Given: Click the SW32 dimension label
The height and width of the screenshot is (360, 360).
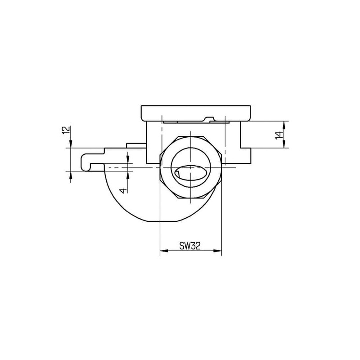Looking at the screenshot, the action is (190, 246).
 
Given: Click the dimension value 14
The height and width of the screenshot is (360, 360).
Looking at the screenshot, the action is (279, 135).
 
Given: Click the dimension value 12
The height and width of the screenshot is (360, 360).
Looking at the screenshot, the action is (66, 130).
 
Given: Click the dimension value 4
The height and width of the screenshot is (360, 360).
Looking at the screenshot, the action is (124, 190).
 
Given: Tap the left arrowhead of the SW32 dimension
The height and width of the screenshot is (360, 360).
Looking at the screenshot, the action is (164, 251).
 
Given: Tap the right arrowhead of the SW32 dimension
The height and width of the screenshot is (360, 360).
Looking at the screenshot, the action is (218, 251).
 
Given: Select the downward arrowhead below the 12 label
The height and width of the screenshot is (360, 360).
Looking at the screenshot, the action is (71, 144).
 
